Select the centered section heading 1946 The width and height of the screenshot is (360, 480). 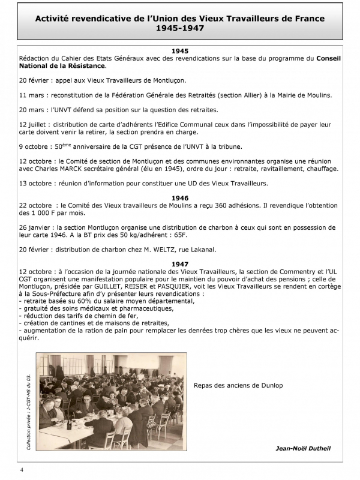pos(180,197)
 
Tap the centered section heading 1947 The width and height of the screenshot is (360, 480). pos(180,264)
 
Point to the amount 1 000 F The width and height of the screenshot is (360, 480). pos(41,213)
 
